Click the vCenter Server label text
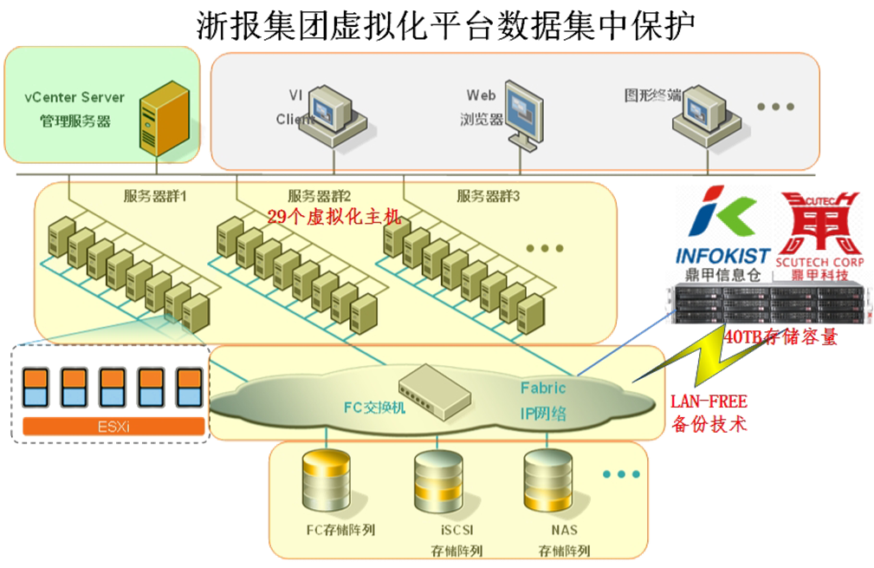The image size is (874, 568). [74, 97]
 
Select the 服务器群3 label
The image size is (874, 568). [489, 196]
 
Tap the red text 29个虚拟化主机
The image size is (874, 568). [333, 217]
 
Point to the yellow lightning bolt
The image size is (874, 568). [693, 364]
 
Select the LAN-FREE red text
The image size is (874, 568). [709, 402]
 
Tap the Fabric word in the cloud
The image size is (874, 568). [543, 388]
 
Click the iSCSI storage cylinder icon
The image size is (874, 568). [436, 482]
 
